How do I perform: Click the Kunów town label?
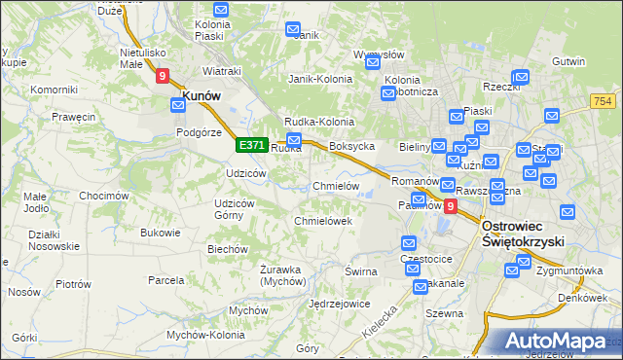(202, 96)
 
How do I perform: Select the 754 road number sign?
(605, 101)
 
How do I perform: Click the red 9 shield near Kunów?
(163, 74)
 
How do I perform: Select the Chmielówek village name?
(322, 221)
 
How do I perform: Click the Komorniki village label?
(54, 90)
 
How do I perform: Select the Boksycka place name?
(352, 146)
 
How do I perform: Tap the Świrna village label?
(360, 271)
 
